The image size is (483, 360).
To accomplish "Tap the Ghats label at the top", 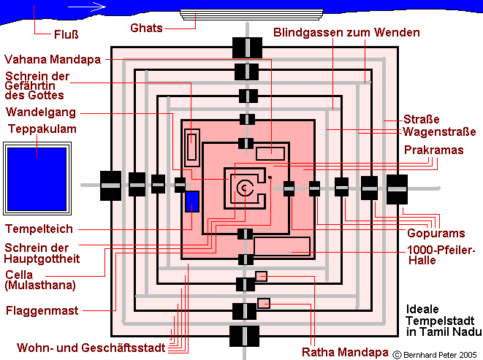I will click(145, 28).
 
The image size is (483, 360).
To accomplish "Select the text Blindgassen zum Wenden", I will click(346, 33).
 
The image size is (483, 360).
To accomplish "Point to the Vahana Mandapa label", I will click(54, 58).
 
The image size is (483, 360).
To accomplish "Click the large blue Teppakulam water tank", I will click(36, 173).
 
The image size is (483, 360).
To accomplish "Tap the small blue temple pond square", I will click(192, 202).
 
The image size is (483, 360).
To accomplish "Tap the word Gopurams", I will click(436, 233).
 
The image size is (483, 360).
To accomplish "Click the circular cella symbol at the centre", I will click(242, 187).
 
